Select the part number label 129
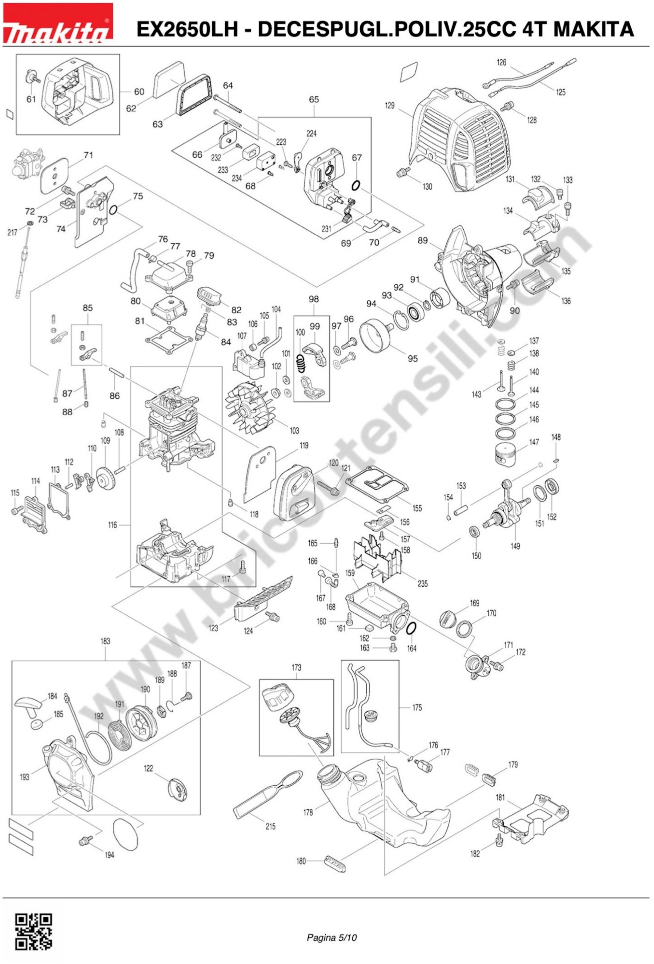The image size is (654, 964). click(x=389, y=106)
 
